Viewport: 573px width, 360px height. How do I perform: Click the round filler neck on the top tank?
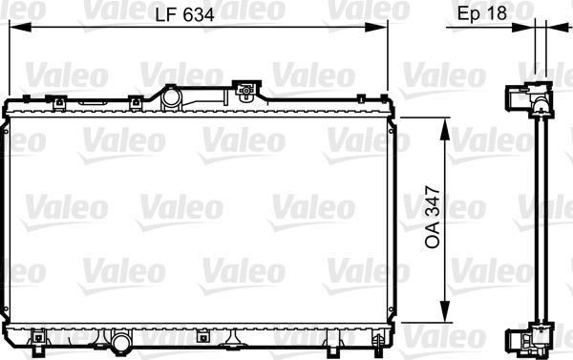coord(172,97)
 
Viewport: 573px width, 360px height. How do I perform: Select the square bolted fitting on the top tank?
coord(246,93)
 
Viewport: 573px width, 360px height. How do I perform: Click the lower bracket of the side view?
coord(527,340)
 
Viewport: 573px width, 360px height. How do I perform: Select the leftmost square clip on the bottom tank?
coord(38,335)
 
